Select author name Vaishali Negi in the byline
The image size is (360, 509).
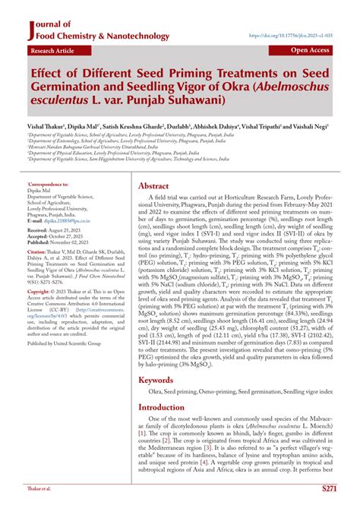(312, 128)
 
